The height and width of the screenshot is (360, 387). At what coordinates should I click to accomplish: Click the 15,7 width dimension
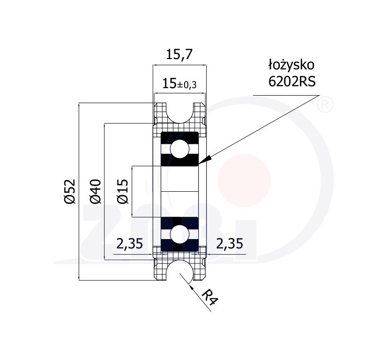(x=179, y=54)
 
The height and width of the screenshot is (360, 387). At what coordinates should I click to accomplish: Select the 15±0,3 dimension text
(x=179, y=84)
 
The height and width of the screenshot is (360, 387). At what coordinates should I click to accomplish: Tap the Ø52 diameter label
(x=70, y=192)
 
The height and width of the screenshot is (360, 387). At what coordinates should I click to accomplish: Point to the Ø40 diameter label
(x=96, y=192)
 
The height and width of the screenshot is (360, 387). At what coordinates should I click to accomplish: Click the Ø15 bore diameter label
(x=123, y=192)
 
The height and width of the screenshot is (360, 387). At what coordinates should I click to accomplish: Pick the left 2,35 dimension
(x=129, y=244)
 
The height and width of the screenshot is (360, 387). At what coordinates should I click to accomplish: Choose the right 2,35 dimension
(x=230, y=244)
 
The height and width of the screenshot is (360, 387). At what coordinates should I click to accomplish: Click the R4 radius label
(x=210, y=297)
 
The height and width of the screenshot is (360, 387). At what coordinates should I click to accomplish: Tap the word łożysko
(x=291, y=65)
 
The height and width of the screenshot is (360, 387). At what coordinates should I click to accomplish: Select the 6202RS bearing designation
(x=292, y=81)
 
